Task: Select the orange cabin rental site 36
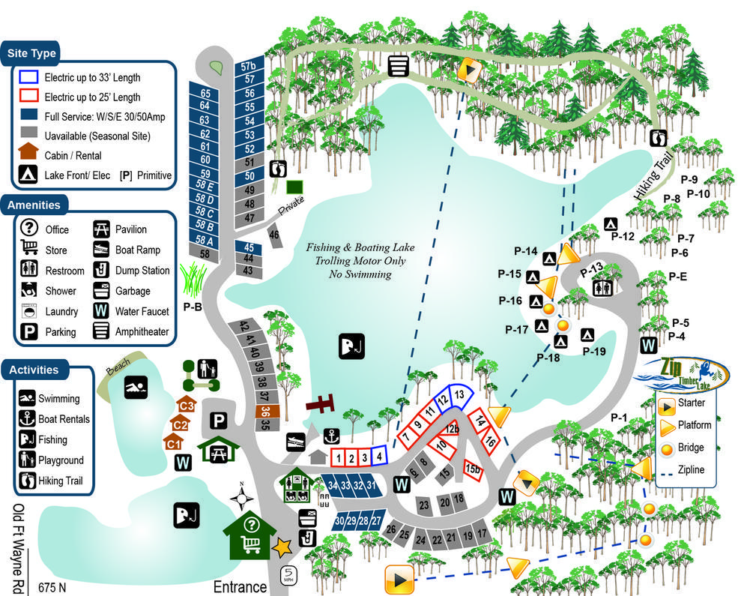point(264,411)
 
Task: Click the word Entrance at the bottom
point(240,586)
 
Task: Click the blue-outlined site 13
point(459,394)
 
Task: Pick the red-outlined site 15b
point(472,469)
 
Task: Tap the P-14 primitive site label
point(526,251)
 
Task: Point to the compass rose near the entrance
point(241,497)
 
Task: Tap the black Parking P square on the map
point(219,421)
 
